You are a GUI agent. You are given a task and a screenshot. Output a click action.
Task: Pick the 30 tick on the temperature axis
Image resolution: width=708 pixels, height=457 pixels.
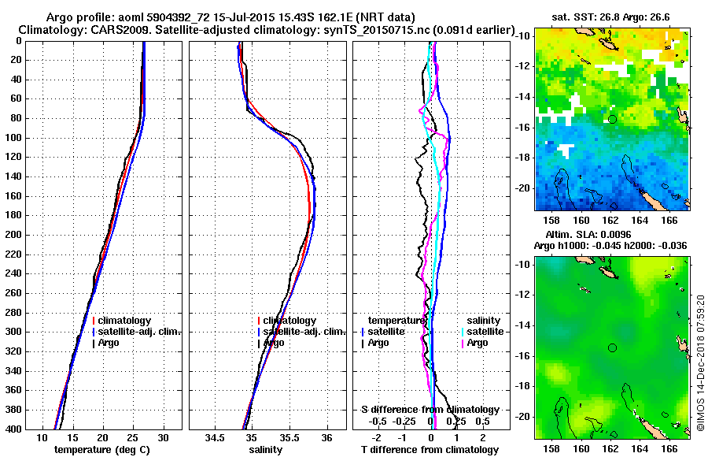(163, 437)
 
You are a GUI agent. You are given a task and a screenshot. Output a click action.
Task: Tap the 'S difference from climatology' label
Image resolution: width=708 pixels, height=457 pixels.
(430, 410)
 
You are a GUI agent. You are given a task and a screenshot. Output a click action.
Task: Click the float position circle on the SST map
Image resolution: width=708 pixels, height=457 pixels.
(612, 119)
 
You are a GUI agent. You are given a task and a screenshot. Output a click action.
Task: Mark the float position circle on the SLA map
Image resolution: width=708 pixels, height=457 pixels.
(612, 347)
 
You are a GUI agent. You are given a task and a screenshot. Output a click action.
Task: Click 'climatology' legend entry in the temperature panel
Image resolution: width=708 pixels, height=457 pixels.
(124, 321)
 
